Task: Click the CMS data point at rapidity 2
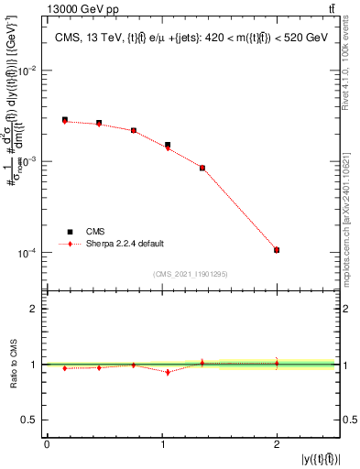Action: [277, 250]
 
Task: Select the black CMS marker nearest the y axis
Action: [64, 119]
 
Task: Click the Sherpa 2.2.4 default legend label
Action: [125, 244]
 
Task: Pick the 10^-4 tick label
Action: [27, 253]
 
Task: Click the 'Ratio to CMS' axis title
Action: [12, 365]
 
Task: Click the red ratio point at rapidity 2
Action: [277, 363]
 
